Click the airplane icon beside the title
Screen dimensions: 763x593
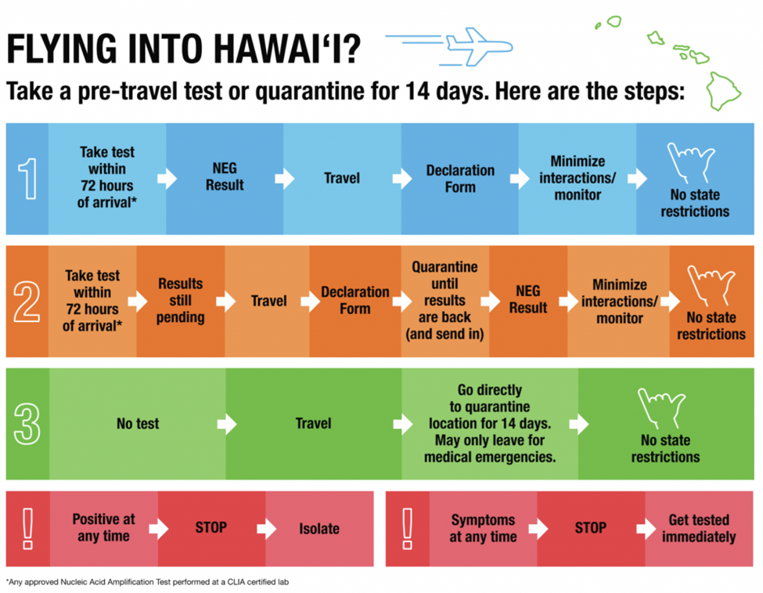coord(479,46)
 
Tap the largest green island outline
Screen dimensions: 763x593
coord(724,91)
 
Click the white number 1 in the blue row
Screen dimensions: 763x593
coord(27,179)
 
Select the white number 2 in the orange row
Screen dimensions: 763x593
coord(27,302)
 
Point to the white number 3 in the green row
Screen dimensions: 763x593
coord(27,425)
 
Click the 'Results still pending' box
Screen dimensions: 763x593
coord(181,301)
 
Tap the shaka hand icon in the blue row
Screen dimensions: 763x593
coord(691,163)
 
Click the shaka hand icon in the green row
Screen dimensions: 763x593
coord(662,408)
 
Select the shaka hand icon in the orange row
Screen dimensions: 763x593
coord(711,286)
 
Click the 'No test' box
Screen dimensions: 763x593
coord(138,424)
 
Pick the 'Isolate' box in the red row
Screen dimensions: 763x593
coord(320,529)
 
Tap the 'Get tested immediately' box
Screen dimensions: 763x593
coord(700,529)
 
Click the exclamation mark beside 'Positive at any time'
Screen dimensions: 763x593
coord(27,529)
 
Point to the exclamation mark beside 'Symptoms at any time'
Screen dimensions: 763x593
coord(407,529)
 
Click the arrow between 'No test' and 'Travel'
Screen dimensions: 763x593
coord(227,425)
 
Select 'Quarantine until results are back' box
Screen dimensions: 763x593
coord(445,301)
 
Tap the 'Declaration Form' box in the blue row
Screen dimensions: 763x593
coord(460,179)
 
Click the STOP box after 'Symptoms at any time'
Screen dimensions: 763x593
coord(591,529)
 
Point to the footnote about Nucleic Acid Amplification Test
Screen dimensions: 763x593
coord(147,582)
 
